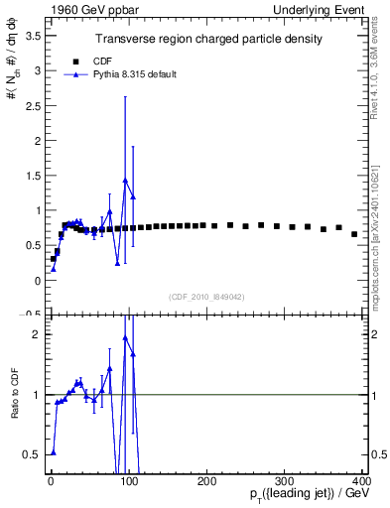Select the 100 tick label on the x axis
pos(128,481)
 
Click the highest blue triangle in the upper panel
pos(125,181)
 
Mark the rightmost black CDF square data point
pos(354,234)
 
